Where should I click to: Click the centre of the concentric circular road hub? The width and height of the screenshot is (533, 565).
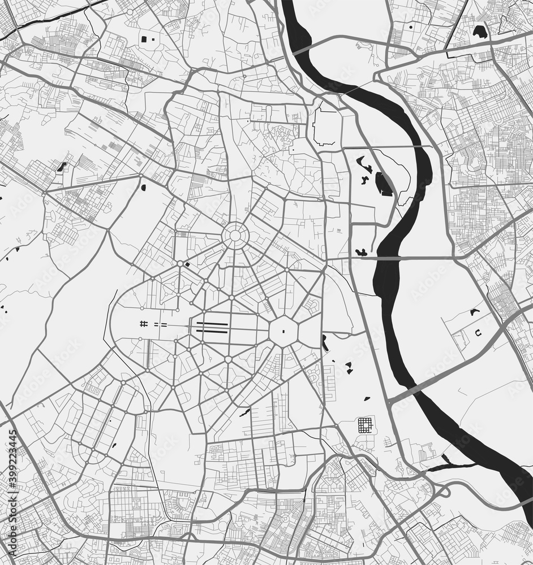click(x=234, y=236)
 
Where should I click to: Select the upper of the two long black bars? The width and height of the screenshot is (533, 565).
click(x=212, y=324)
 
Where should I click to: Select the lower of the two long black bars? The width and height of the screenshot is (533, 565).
click(x=212, y=331)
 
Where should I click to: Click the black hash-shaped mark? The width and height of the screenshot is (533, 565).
click(x=144, y=324)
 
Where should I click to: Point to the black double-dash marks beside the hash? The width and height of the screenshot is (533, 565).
click(x=161, y=324)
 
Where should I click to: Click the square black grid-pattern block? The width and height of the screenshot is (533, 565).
click(x=367, y=425)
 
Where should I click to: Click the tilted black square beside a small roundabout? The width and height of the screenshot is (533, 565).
click(x=188, y=264)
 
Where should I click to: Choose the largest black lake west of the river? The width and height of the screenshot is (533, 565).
click(x=384, y=185)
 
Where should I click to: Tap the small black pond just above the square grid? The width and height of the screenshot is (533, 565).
click(x=367, y=398)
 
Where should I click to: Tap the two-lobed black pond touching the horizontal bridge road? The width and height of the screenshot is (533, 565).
click(x=360, y=253)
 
